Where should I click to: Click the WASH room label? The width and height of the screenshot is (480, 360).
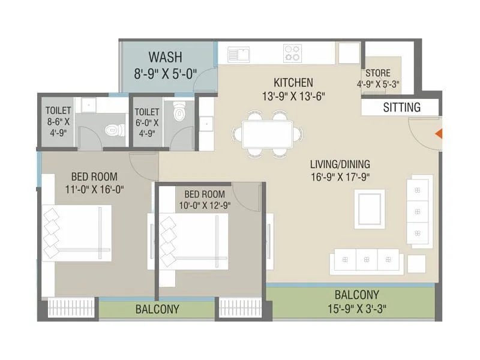pos(165,58)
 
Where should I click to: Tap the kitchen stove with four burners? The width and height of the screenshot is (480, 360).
pos(292,53)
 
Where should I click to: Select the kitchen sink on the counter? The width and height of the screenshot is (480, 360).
pos(238,55)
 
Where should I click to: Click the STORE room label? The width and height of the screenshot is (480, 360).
pos(378,73)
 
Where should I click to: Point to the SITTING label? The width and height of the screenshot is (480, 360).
pos(401,108)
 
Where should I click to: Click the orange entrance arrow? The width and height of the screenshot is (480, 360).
pos(439,134)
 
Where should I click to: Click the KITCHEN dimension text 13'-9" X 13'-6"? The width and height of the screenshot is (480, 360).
pos(293,95)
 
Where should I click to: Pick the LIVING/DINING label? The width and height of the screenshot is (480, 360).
pos(340,164)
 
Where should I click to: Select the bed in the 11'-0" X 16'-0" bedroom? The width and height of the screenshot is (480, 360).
pos(77,233)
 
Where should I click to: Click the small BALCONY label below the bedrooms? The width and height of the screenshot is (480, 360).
pos(157,310)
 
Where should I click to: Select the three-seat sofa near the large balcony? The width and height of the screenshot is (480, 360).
pos(365,260)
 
